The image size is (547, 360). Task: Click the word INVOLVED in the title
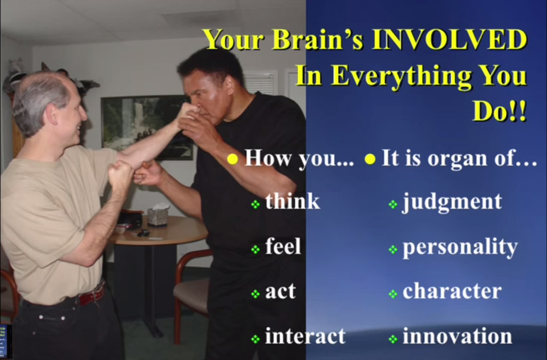(449, 40)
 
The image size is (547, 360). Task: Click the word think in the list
(293, 201)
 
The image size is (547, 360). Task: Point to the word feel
(283, 246)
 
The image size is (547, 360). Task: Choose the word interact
(305, 336)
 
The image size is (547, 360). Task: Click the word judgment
(452, 203)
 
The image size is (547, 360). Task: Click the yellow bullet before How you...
(232, 159)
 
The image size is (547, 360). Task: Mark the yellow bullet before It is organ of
(370, 159)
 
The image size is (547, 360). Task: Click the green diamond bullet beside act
(255, 294)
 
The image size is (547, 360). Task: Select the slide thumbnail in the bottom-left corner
(5, 342)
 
